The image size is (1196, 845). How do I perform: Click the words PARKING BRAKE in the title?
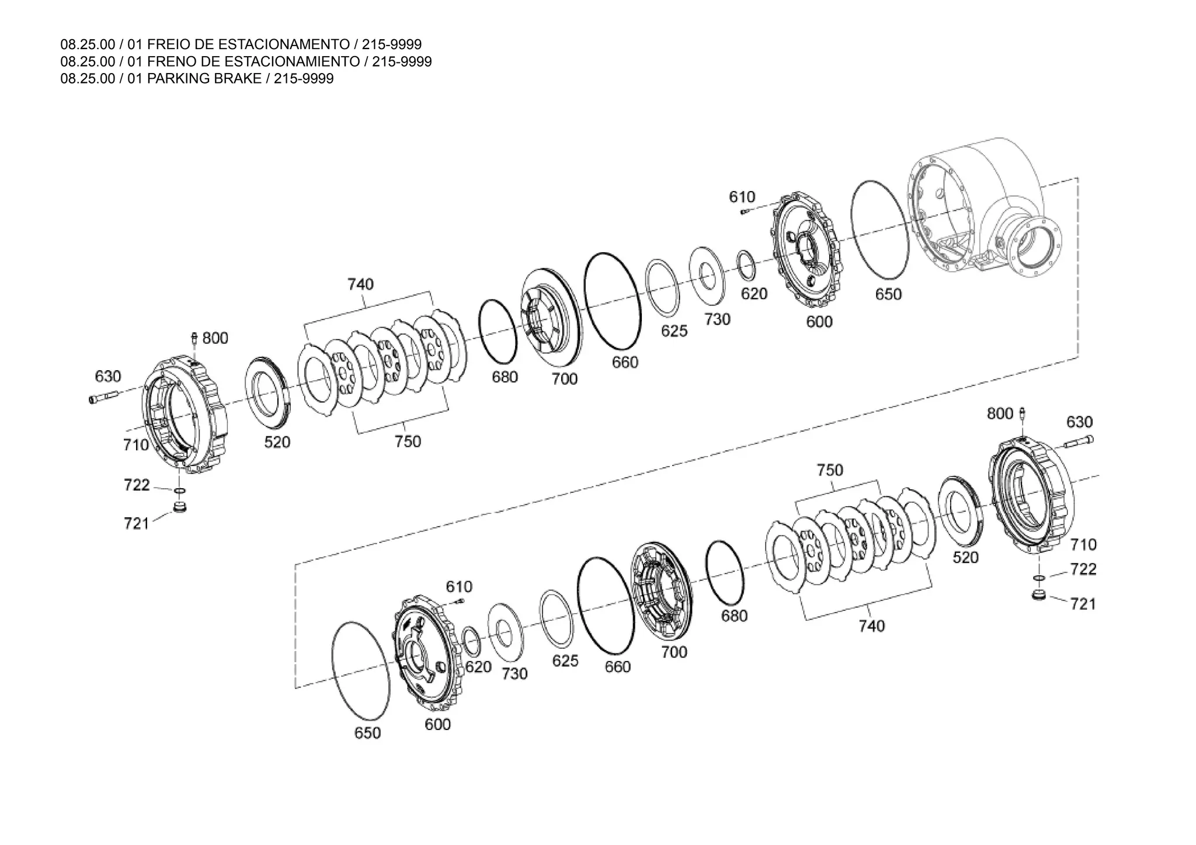(x=204, y=79)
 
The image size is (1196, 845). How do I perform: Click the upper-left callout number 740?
(x=360, y=284)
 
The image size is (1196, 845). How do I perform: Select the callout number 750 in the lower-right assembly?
(x=830, y=470)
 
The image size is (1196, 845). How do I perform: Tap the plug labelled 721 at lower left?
(x=180, y=506)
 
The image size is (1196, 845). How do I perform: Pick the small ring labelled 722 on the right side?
(x=1038, y=578)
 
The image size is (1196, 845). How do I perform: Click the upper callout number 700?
(x=564, y=379)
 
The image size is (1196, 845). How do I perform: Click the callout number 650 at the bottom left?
(x=367, y=733)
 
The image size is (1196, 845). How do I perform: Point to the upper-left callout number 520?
(x=277, y=442)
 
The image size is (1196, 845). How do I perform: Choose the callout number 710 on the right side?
(x=1083, y=545)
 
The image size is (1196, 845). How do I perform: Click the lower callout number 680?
(x=734, y=616)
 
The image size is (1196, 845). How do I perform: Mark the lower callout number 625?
(x=565, y=661)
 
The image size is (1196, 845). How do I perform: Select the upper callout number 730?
(x=717, y=319)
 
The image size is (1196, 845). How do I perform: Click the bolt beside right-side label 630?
(x=1078, y=443)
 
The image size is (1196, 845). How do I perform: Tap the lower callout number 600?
(x=437, y=725)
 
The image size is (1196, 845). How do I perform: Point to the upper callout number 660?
(x=625, y=363)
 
